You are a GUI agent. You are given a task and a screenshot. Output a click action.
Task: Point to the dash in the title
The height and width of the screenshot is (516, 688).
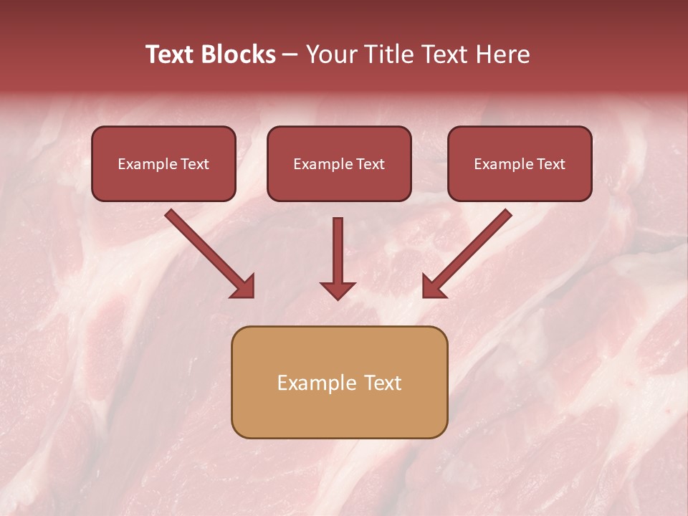(x=290, y=55)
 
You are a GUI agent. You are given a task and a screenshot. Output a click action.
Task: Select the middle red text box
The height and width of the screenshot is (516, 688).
(x=339, y=187)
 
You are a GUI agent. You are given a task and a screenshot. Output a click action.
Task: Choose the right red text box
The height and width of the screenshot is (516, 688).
(x=520, y=187)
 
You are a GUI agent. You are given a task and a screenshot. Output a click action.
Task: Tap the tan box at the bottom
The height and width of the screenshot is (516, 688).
(x=339, y=412)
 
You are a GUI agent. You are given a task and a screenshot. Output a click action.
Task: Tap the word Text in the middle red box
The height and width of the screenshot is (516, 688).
(x=370, y=164)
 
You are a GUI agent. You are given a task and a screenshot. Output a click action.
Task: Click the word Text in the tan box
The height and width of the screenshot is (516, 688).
(x=383, y=383)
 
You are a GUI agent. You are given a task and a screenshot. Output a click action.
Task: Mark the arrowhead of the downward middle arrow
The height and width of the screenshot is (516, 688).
(x=338, y=290)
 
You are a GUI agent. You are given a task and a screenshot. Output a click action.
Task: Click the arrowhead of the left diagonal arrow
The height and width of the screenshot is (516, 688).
(x=244, y=287)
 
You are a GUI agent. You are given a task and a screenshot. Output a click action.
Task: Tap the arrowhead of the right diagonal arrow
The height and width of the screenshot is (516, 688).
(x=433, y=287)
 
